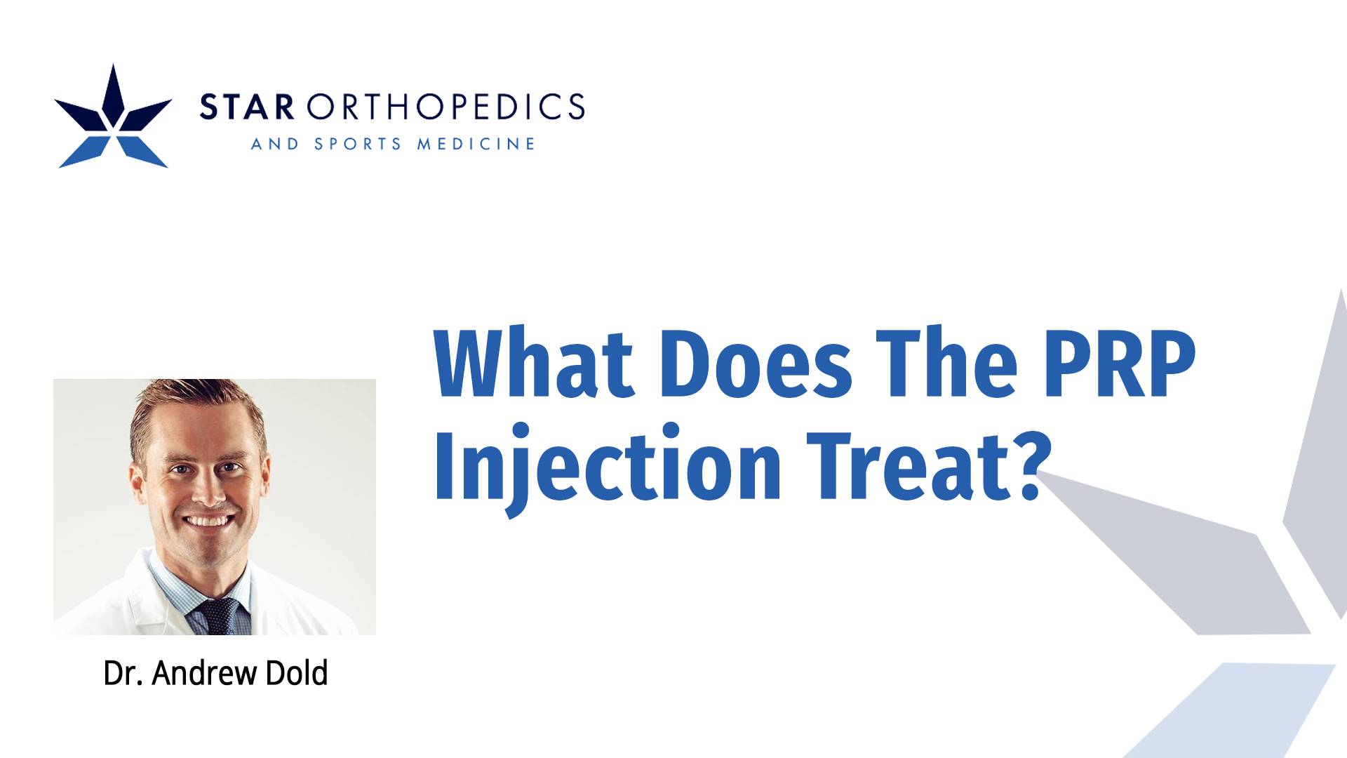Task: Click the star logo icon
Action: [x=113, y=118]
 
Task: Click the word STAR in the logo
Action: [x=247, y=107]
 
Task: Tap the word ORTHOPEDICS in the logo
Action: [x=445, y=107]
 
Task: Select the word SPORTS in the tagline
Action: [x=358, y=144]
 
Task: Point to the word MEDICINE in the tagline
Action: [x=476, y=144]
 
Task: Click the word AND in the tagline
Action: [x=275, y=144]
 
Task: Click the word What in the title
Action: [x=534, y=364]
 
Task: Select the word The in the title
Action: [x=946, y=364]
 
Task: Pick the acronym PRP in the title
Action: [x=1120, y=364]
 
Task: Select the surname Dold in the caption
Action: [x=297, y=673]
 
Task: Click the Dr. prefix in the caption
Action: [x=123, y=673]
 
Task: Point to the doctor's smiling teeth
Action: [x=208, y=521]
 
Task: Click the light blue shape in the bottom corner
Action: [x=1235, y=709]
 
